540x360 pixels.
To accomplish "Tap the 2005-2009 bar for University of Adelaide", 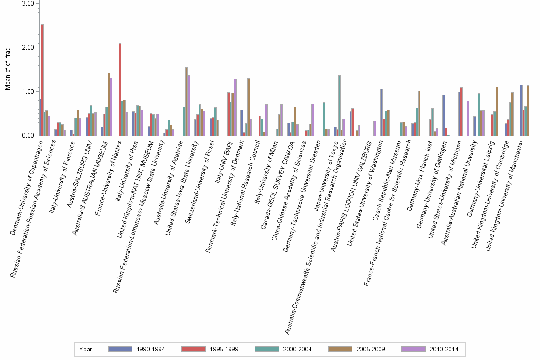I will pyautogui.click(x=186, y=101).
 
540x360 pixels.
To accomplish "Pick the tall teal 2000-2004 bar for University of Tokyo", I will pyautogui.click(x=340, y=105).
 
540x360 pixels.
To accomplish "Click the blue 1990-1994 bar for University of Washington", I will pyautogui.click(x=381, y=112).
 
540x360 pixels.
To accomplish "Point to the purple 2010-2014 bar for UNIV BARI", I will pyautogui.click(x=235, y=107).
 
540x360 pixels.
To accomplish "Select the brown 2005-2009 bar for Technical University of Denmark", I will pyautogui.click(x=249, y=107).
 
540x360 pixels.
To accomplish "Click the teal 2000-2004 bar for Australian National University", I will pyautogui.click(x=479, y=114).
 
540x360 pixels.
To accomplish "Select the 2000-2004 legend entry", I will pyautogui.click(x=283, y=349).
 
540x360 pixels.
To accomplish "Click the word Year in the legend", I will pyautogui.click(x=86, y=349).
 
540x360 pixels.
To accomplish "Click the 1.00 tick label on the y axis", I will pyautogui.click(x=28, y=91).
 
